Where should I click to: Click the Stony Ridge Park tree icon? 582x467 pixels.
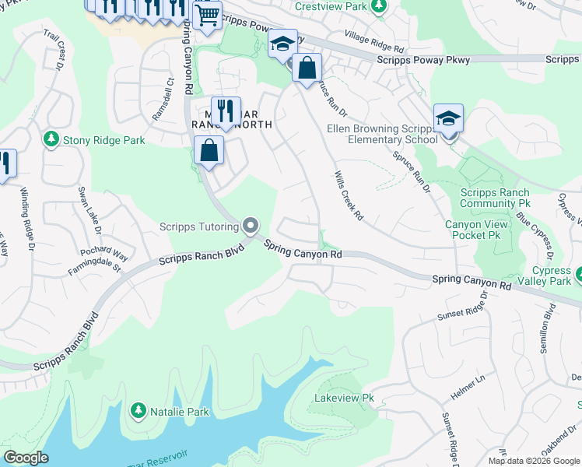point(51,139)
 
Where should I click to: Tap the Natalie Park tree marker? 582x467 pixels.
point(138,409)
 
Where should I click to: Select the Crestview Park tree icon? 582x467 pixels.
point(379,7)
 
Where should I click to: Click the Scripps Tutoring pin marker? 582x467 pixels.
point(251,226)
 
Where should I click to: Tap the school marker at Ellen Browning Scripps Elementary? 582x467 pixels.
point(448,119)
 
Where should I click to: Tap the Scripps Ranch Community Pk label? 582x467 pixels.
point(495,198)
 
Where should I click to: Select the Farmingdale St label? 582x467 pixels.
point(94,269)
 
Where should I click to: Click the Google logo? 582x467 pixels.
point(26,458)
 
